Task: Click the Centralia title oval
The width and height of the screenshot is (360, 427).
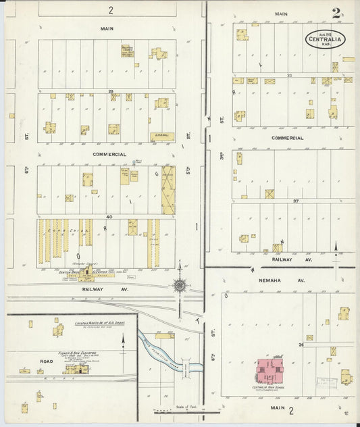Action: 326,38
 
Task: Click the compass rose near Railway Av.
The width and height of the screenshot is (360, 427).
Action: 180,285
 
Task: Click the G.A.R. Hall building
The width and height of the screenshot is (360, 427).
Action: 162,136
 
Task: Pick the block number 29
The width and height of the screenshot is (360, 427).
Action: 109,91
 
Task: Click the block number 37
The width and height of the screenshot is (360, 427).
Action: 295,201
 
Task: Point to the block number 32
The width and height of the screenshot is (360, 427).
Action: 288,76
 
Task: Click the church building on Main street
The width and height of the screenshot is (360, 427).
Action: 128,51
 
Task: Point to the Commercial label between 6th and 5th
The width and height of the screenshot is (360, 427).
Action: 109,154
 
